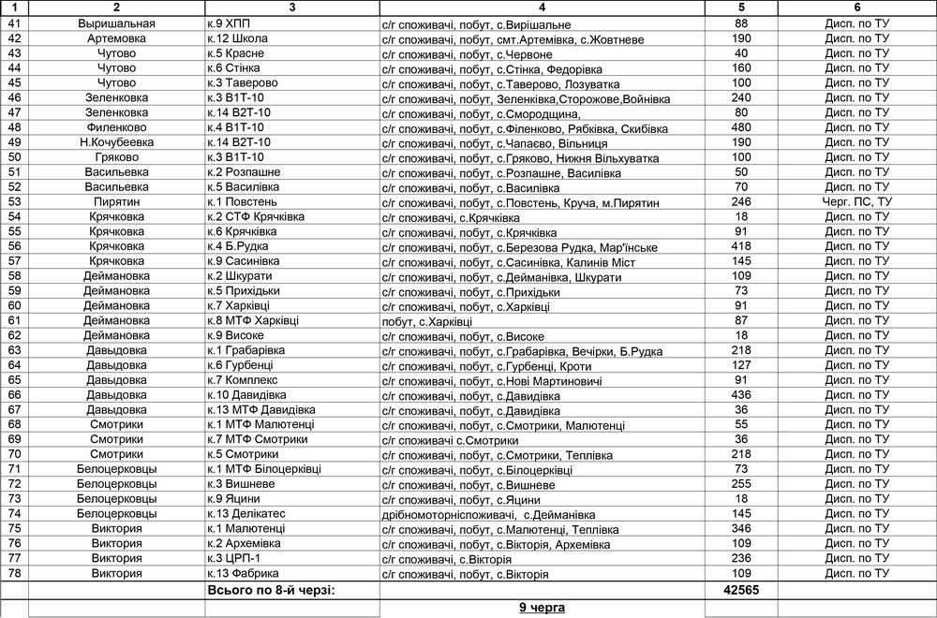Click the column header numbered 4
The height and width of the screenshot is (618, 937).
(x=542, y=7)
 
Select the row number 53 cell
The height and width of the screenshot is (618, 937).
(x=14, y=202)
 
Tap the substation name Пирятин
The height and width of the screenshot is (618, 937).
(x=117, y=202)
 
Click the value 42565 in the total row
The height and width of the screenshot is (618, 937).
(x=741, y=591)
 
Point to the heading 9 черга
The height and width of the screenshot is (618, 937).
(x=543, y=609)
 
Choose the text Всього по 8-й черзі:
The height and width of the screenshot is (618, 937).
(x=271, y=591)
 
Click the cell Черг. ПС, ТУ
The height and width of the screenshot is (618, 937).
(x=857, y=202)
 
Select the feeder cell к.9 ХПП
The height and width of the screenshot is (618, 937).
(x=229, y=23)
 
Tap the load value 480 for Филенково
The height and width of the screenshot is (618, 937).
(x=741, y=127)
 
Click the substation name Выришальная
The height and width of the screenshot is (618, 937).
(x=117, y=23)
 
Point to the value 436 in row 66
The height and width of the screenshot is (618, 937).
(x=741, y=395)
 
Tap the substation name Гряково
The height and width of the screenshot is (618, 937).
(x=117, y=157)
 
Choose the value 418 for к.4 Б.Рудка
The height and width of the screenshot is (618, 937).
(x=741, y=246)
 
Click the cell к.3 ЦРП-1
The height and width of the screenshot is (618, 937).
(x=233, y=558)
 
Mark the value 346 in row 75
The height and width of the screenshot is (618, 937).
(x=741, y=528)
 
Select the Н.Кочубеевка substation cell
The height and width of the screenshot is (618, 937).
(x=117, y=142)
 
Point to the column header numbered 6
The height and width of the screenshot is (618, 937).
(x=856, y=7)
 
